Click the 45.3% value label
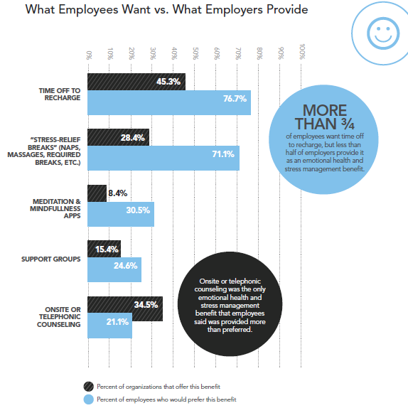168,82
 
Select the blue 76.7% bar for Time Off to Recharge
169,102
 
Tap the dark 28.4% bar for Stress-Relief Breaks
119,137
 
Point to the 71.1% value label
223,154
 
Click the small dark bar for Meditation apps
97,193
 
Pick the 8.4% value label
117,193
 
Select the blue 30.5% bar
121,214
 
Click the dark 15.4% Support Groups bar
104,249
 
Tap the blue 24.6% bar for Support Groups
114,269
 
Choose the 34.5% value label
146,305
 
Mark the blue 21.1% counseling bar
109,326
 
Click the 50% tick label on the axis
195,53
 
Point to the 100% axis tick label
302,52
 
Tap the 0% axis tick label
89,55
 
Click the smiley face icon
383,33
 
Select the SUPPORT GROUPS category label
51,259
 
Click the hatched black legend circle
89,387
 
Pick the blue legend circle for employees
89,399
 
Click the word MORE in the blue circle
325,111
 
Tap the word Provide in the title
287,10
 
